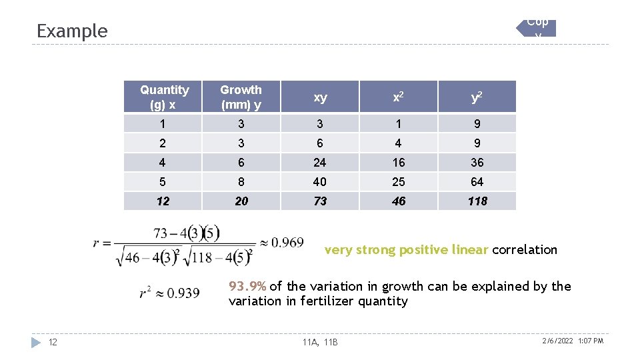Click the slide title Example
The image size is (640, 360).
72,31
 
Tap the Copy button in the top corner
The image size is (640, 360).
537,27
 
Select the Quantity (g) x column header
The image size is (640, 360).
164,97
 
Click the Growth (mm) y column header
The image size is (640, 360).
241,97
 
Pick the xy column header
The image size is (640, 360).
320,97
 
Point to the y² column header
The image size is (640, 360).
477,97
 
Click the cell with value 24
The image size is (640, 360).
320,163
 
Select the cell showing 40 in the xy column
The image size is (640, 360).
320,182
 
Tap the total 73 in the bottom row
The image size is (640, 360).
320,201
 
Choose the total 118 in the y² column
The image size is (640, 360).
477,201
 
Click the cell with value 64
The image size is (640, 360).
477,182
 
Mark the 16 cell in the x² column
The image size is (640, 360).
399,163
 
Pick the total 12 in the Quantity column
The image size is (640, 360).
163,201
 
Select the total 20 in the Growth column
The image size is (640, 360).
241,201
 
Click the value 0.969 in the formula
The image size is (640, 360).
287,243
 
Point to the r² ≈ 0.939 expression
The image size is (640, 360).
169,293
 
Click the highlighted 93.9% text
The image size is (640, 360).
247,286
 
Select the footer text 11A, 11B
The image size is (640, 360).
320,342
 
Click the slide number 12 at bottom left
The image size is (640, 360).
53,342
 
